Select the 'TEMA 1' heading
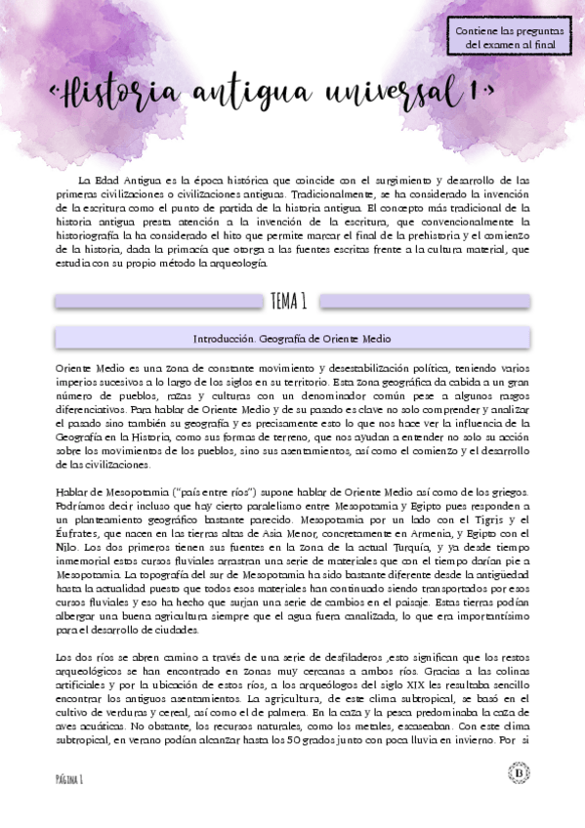tap(291, 301)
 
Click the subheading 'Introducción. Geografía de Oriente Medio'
tap(292, 339)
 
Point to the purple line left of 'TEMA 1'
tap(156, 302)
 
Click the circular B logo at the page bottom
tap(518, 773)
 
